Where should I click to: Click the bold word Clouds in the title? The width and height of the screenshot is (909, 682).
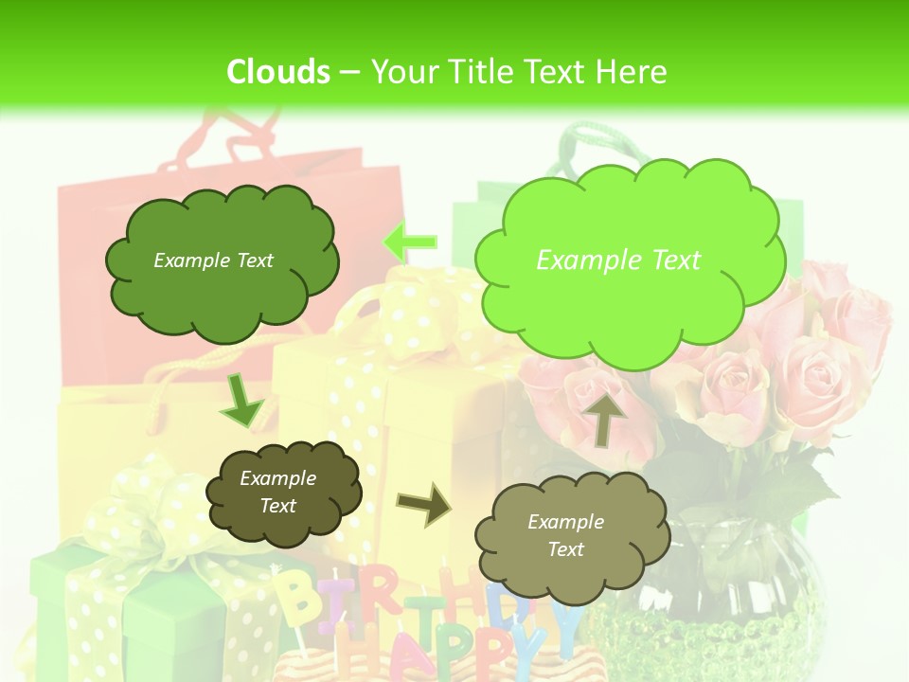278,72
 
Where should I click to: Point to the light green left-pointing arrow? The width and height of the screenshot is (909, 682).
410,242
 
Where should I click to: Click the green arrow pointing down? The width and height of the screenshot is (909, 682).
241,402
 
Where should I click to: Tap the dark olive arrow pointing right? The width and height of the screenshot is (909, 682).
423,504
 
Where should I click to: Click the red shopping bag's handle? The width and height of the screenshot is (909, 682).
241,133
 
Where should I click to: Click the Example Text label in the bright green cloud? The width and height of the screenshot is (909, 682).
618,260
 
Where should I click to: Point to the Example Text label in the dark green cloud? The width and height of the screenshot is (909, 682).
213,260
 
